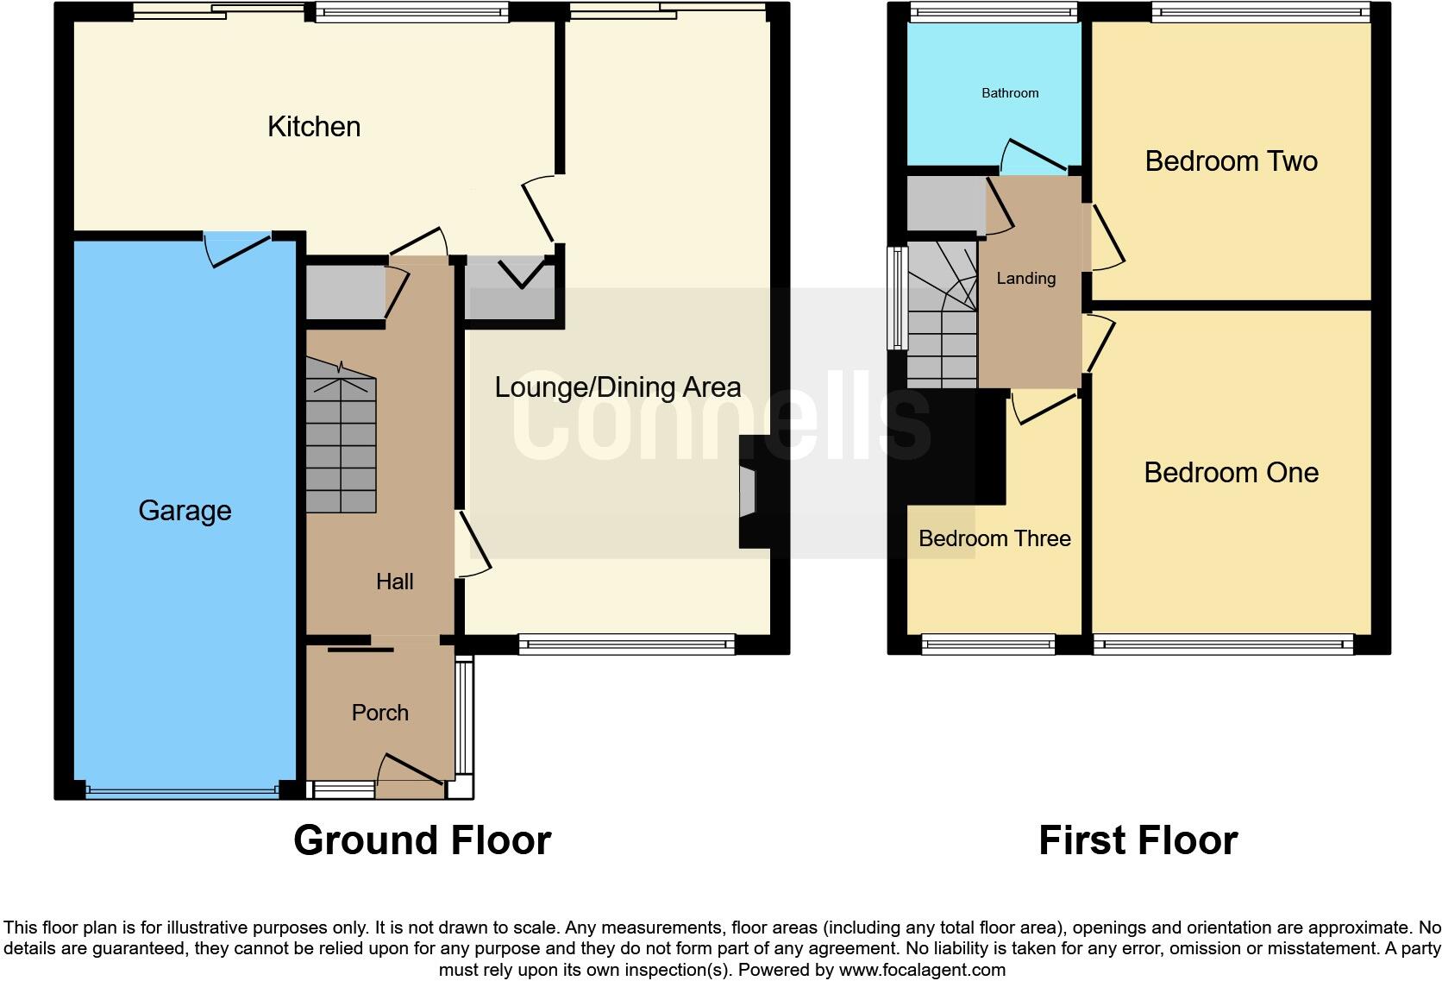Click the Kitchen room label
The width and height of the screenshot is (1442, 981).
[x=314, y=127]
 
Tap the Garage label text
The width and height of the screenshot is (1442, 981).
[x=185, y=511]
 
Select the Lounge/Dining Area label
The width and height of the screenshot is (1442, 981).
[x=618, y=387]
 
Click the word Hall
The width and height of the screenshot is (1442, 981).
[x=394, y=582]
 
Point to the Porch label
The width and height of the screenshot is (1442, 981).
[x=379, y=713]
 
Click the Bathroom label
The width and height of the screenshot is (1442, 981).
[x=1010, y=93]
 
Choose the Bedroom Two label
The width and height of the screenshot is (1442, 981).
[x=1231, y=161]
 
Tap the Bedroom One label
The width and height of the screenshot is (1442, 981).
[x=1231, y=473]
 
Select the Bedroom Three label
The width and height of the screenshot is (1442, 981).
[x=994, y=538]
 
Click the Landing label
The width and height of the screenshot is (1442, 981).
[x=1025, y=278]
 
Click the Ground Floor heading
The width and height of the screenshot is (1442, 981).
[x=422, y=840]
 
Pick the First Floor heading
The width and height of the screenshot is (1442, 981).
[x=1138, y=840]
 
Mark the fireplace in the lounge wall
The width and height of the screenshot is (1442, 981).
[x=747, y=492]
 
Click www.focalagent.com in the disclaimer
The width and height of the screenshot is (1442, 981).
[x=921, y=970]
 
